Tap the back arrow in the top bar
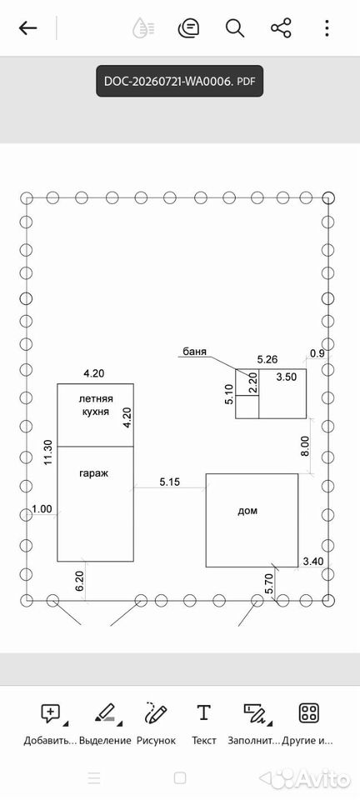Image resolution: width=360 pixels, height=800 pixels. click(27, 28)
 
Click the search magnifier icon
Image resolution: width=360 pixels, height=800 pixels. click(235, 28)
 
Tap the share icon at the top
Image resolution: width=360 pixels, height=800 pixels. click(281, 28)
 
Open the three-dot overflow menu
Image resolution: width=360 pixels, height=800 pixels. click(327, 28)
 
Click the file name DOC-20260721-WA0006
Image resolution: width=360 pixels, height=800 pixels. click(168, 81)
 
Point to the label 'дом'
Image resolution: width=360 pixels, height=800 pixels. click(247, 511)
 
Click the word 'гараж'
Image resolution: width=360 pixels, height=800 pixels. click(94, 473)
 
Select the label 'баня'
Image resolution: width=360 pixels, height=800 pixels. click(195, 352)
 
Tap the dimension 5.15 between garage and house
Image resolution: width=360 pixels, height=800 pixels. click(170, 481)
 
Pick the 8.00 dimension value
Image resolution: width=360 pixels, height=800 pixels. click(305, 447)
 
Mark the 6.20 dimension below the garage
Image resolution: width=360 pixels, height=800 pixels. click(79, 581)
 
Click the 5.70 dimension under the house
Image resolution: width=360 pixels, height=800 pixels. click(269, 583)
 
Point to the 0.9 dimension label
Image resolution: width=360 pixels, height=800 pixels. click(317, 352)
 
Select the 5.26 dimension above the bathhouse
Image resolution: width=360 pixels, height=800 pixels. click(267, 359)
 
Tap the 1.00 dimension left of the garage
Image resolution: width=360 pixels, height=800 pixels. click(42, 508)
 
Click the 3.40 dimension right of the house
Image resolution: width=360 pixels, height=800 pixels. click(313, 562)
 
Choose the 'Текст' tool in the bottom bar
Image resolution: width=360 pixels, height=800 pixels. click(203, 724)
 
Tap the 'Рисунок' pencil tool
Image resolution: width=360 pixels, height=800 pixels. click(156, 724)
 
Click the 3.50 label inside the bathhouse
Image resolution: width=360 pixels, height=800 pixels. click(286, 377)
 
